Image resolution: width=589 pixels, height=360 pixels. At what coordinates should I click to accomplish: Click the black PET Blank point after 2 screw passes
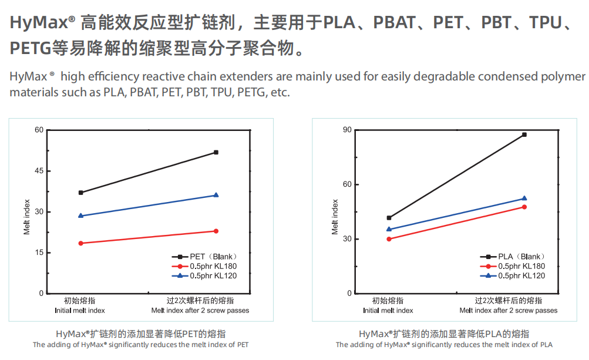216,153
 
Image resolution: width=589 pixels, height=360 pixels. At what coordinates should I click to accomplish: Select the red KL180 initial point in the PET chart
80,243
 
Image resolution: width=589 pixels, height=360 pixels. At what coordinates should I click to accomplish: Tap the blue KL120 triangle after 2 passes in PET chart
216,195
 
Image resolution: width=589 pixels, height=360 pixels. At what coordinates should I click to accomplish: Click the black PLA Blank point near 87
524,135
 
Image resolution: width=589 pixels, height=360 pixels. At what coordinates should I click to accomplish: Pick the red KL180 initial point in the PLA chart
389,239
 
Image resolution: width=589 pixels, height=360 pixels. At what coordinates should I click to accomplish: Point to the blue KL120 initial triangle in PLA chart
389,229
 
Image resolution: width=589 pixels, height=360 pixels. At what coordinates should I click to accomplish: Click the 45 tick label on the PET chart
39,171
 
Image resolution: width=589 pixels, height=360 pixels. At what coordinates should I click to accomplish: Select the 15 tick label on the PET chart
39,253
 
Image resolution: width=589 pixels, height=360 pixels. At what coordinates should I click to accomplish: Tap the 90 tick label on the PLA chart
347,130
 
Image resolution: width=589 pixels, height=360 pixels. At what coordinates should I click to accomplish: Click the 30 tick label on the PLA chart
347,239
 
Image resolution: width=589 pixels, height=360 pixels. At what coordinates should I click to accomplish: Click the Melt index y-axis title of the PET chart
27,217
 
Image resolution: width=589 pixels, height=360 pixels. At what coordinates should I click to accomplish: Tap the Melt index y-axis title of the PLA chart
335,217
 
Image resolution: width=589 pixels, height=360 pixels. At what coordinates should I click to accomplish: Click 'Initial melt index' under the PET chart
80,311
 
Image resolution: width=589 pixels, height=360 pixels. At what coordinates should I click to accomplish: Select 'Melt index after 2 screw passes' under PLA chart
509,311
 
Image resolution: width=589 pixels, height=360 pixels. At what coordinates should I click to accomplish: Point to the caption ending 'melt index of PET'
141,345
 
